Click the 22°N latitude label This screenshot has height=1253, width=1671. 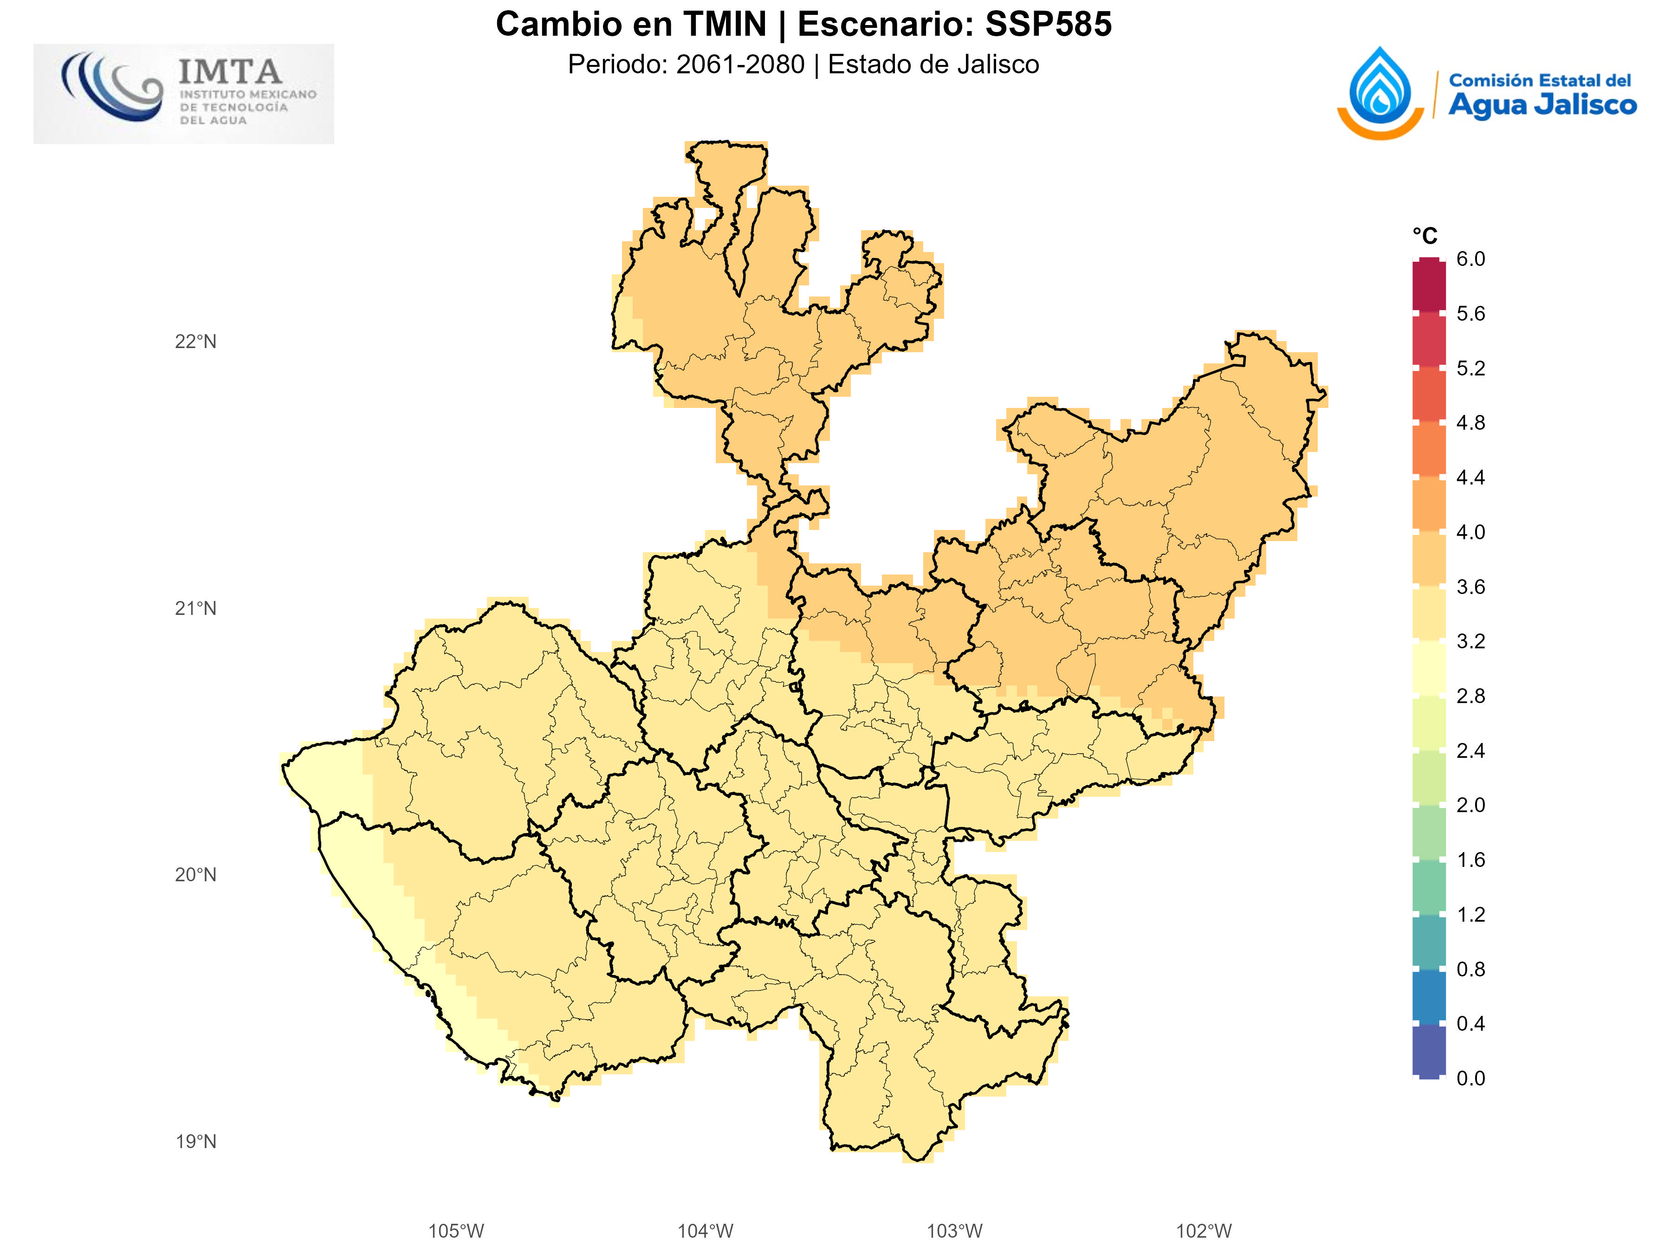196,342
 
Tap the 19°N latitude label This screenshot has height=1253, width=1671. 196,1141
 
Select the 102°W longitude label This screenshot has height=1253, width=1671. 1204,1231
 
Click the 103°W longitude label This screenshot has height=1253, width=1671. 954,1231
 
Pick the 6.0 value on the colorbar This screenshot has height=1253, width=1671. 1470,259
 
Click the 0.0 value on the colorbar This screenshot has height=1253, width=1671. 1470,1078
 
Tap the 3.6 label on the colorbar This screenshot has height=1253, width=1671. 1470,587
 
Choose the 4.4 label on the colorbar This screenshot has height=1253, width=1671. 1470,478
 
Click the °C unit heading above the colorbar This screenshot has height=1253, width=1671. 1425,236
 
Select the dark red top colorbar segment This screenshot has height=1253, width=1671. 1429,285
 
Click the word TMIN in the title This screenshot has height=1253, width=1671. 725,24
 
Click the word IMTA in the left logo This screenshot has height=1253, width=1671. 230,72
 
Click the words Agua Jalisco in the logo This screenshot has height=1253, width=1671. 1542,105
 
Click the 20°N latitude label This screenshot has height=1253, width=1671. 196,875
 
